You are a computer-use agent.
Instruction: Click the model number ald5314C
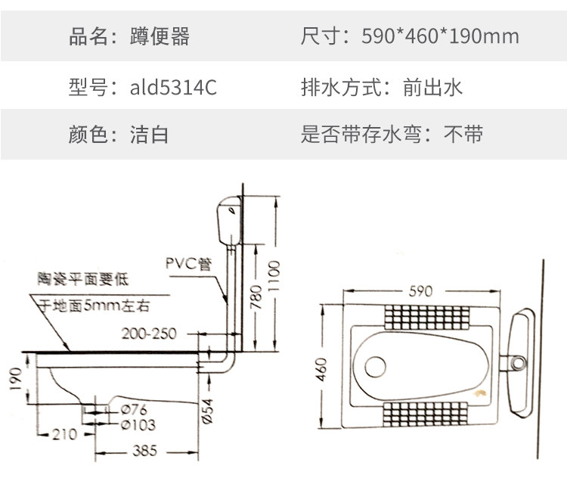tap(173, 87)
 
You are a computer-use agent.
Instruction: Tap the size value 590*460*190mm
tap(440, 36)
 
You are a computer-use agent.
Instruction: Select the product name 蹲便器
tap(160, 36)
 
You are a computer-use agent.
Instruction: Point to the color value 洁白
tap(149, 134)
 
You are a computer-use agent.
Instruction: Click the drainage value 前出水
tap(432, 87)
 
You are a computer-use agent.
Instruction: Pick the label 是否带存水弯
tap(361, 134)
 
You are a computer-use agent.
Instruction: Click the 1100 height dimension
tap(274, 275)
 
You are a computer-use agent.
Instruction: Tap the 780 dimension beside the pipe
tap(256, 297)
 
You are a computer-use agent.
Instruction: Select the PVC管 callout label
tap(188, 263)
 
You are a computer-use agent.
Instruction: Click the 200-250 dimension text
tap(149, 334)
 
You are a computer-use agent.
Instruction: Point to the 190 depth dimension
tap(16, 379)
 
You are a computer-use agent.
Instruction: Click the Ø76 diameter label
tap(134, 410)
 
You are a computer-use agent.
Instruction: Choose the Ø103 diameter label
tap(138, 424)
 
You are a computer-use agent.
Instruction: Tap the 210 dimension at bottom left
tap(65, 434)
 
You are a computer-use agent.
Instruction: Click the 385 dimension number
tap(145, 451)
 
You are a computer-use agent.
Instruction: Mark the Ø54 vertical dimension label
tap(207, 411)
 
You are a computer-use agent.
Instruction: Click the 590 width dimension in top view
tap(420, 291)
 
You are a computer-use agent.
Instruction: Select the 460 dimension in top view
tap(321, 369)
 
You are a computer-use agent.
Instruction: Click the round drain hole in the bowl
tap(375, 367)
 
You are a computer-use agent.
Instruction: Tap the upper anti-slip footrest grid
tap(427, 317)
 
